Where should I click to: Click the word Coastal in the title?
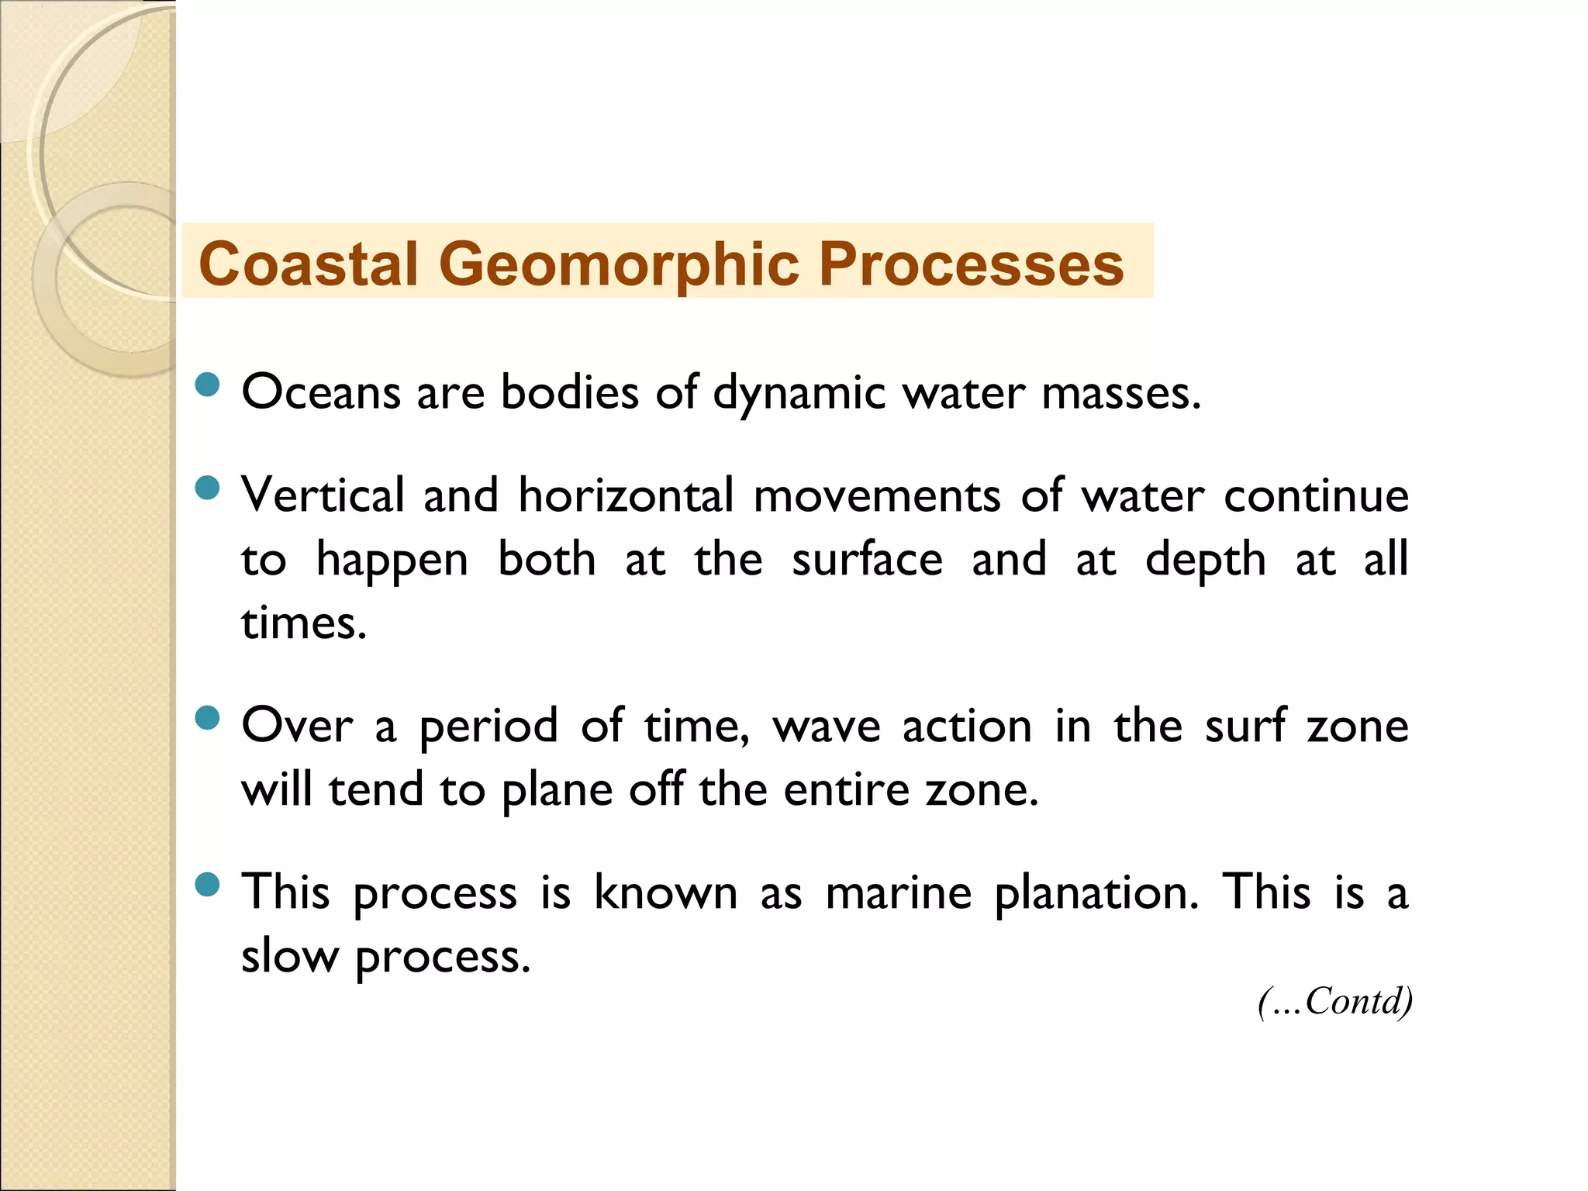pos(309,264)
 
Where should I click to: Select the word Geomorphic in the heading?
pos(619,264)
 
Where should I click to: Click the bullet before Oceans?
pos(208,385)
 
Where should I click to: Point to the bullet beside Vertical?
pos(208,488)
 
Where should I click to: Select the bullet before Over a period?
pos(208,718)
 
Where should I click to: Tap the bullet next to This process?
pos(208,884)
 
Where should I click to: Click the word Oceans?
pos(321,392)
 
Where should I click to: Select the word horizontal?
pos(626,495)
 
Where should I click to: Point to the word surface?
pos(867,560)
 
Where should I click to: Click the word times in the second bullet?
pos(303,623)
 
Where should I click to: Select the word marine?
pos(898,892)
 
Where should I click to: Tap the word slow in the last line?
pos(290,956)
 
